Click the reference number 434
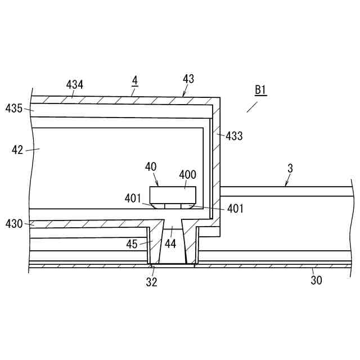(x=75, y=84)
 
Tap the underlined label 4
(x=134, y=80)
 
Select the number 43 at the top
(x=188, y=79)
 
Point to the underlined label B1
(x=260, y=90)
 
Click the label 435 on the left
(x=14, y=108)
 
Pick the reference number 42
(x=17, y=150)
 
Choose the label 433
(x=234, y=136)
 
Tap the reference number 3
(x=290, y=168)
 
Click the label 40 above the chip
(x=151, y=167)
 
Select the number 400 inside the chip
(x=188, y=175)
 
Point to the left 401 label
(x=133, y=198)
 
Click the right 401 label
(x=236, y=209)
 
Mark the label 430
(x=14, y=224)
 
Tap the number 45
(x=132, y=244)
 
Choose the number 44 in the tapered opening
(x=170, y=244)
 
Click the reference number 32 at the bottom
(x=152, y=282)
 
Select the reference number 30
(x=317, y=280)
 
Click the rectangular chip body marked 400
(x=173, y=195)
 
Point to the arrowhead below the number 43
(x=183, y=96)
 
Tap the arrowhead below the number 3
(x=286, y=186)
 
